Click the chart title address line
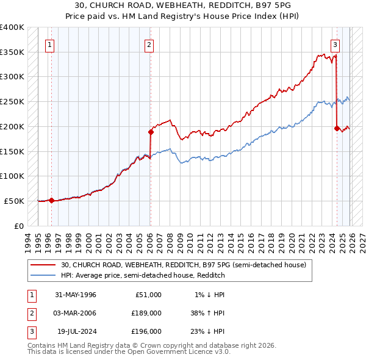click(x=182, y=5)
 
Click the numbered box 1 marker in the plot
click(x=49, y=43)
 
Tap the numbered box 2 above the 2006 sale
click(x=149, y=43)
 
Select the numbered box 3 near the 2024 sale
click(x=335, y=43)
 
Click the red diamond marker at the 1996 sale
click(x=51, y=200)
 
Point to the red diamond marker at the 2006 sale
click(x=151, y=131)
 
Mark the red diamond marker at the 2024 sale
click(x=337, y=128)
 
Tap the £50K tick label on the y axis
click(x=14, y=201)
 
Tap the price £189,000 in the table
click(x=146, y=313)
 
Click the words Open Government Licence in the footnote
click(x=183, y=352)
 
